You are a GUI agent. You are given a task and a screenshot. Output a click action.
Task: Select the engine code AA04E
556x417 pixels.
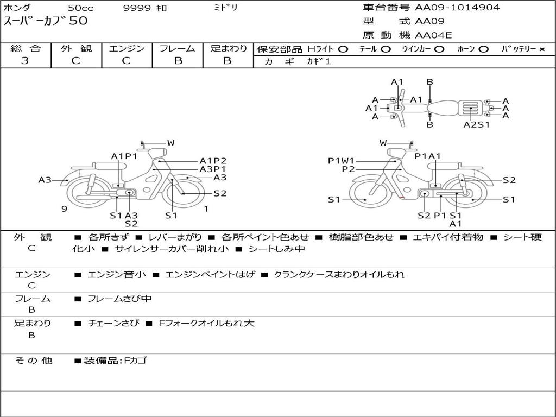pos(433,35)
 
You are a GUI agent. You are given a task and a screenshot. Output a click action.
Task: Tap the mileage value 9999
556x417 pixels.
pos(134,8)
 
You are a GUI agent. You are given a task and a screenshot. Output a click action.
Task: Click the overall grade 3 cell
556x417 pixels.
pos(25,61)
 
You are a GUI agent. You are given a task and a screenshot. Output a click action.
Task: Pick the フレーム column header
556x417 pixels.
pos(178,48)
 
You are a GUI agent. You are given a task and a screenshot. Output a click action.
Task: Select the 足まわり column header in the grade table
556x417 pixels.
pos(228,48)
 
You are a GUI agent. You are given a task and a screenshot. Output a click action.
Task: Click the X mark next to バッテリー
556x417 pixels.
pos(541,49)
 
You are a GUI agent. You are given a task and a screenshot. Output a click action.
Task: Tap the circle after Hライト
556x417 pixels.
pos(343,49)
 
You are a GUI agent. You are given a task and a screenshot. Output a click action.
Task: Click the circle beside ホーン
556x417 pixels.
pos(483,49)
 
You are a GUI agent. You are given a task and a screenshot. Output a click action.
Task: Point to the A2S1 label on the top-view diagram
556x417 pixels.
pos(476,124)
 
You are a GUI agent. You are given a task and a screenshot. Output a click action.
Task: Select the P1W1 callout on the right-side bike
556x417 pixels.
pos(341,160)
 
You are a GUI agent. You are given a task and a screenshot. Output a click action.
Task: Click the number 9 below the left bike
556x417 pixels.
pos(64,209)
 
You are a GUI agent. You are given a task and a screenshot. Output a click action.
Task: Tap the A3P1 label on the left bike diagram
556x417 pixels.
pos(213,169)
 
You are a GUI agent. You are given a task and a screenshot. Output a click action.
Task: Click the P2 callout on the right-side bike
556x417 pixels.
pos(348,169)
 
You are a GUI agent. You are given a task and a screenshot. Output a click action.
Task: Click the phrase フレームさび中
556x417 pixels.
pos(119,299)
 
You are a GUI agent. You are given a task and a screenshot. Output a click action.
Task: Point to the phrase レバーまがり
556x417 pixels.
pos(175,237)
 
